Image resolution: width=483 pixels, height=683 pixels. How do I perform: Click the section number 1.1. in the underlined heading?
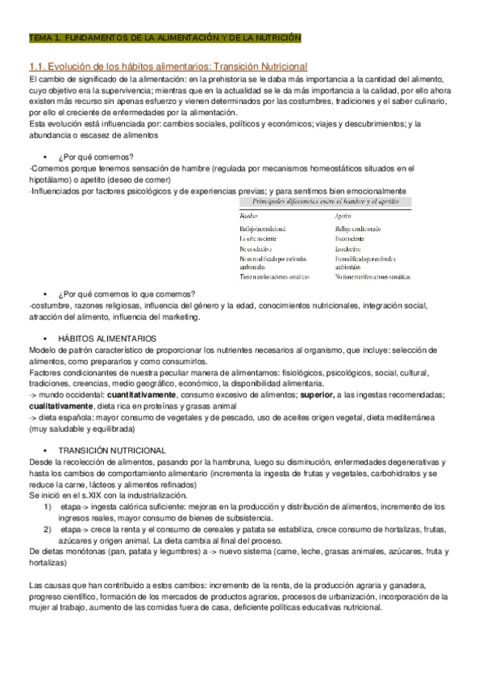(x=39, y=65)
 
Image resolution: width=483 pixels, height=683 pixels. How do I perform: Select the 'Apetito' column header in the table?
(x=343, y=216)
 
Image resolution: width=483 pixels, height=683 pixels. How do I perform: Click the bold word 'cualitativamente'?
(x=59, y=406)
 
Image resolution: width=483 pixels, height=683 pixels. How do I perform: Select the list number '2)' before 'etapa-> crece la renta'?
(x=48, y=530)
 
